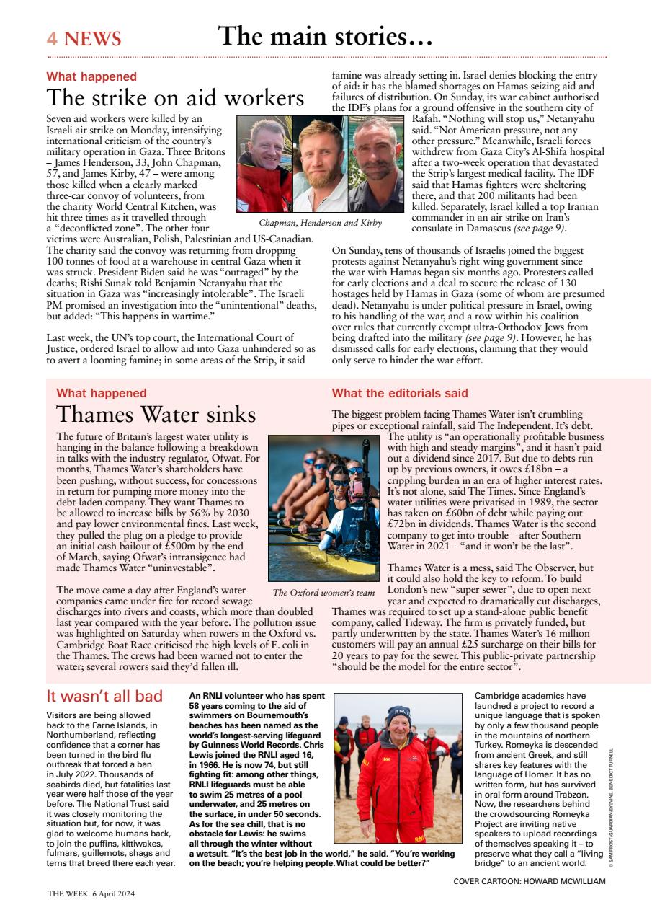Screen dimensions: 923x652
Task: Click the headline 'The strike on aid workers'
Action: (175, 97)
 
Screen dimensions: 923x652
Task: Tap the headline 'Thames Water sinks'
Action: (156, 415)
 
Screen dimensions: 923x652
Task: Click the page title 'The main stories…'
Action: (325, 35)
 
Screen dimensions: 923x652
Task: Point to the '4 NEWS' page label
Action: (84, 39)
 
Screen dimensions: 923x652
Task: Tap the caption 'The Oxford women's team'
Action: (323, 593)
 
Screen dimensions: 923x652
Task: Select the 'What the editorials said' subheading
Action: (400, 393)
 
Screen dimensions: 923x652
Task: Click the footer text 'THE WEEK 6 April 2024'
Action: (91, 893)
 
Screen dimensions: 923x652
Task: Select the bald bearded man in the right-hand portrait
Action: (375, 151)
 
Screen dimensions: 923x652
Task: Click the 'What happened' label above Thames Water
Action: (101, 393)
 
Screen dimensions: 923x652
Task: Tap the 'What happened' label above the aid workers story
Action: (91, 76)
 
